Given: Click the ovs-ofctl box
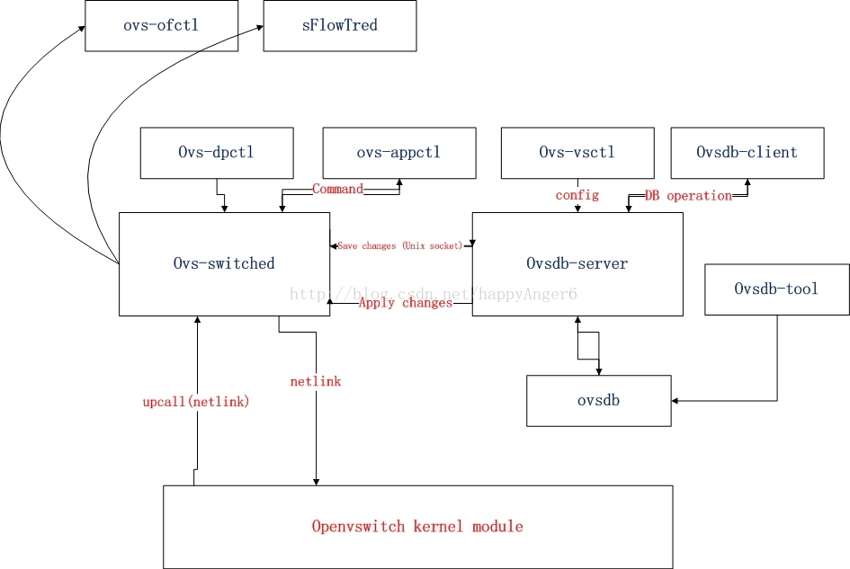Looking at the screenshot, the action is [x=162, y=25].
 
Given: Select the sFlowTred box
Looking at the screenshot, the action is [x=340, y=25].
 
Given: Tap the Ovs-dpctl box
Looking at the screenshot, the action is [x=217, y=153].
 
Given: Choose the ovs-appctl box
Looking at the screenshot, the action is [x=399, y=153].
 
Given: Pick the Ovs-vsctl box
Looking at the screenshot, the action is [x=577, y=153].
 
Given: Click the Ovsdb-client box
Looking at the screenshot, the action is [x=747, y=153].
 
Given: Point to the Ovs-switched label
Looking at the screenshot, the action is [x=224, y=263].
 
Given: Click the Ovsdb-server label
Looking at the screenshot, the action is [x=577, y=263].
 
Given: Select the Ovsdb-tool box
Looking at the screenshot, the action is [x=777, y=289].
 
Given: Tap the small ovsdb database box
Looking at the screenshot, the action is [x=598, y=401].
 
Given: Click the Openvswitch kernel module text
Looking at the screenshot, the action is [x=417, y=526].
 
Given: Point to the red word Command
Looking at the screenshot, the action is [x=337, y=189].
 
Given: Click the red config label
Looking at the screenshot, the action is [x=577, y=195].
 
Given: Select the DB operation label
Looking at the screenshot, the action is [x=688, y=196].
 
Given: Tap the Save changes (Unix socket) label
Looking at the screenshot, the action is [x=400, y=245].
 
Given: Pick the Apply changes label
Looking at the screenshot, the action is [x=406, y=303].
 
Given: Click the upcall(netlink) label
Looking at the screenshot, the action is [x=196, y=402].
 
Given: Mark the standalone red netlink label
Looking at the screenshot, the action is [x=316, y=381].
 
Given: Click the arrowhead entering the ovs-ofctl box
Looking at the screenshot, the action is [x=82, y=28].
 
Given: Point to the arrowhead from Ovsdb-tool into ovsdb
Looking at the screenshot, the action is [x=675, y=401].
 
